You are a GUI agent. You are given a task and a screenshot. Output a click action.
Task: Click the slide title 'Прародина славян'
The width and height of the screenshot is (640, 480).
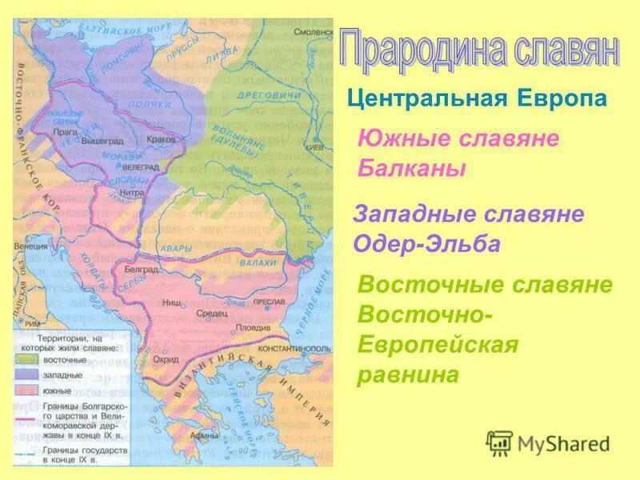click(478, 50)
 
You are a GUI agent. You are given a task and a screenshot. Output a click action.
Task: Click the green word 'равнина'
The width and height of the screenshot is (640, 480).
click(409, 374)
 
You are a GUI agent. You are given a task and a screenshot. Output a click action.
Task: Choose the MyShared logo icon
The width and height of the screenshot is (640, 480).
click(499, 442)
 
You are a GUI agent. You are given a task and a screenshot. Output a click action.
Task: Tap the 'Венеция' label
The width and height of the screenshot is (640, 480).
click(30, 246)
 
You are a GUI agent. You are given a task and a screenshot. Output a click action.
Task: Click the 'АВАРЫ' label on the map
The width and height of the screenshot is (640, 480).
click(176, 248)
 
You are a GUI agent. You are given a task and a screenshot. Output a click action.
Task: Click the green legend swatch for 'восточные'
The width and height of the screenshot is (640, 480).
click(24, 361)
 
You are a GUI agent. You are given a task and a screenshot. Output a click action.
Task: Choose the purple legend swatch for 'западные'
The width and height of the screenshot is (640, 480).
click(24, 375)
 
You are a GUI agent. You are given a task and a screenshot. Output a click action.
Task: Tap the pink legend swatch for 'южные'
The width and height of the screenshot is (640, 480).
click(24, 390)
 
